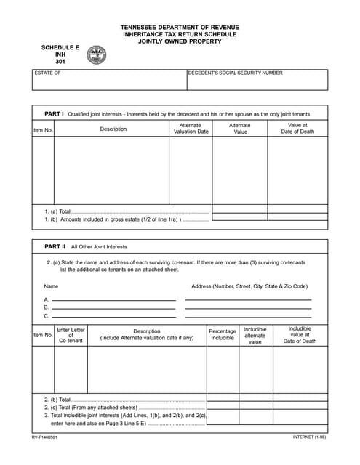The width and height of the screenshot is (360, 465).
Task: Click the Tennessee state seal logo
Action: (96, 55)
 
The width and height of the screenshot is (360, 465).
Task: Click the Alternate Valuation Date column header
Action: (190, 129)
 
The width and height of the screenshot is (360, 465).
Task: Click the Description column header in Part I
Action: (113, 129)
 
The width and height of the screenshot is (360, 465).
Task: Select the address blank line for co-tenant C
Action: (248, 316)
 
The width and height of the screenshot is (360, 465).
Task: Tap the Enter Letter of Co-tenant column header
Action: (71, 335)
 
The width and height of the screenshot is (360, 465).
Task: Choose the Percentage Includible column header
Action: (223, 335)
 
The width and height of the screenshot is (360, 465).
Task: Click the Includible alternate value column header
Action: (255, 335)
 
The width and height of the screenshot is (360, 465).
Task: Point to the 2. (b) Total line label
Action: (58, 400)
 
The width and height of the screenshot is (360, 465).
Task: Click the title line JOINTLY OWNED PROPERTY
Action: (180, 41)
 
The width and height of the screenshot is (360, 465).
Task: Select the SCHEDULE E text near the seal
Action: (60, 47)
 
